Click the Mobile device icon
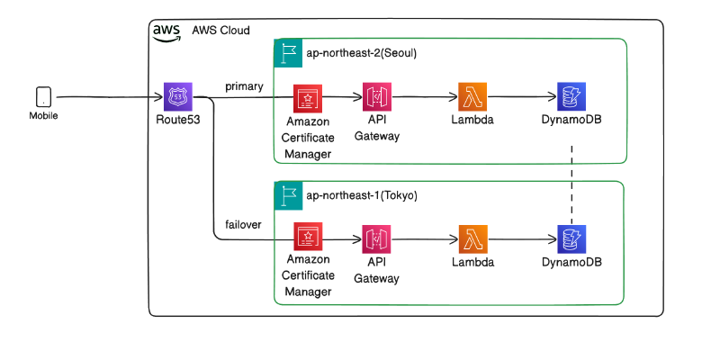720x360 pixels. click(43, 96)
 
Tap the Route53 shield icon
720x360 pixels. click(176, 96)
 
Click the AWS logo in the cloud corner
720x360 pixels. click(166, 31)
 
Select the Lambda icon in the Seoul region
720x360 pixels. click(472, 96)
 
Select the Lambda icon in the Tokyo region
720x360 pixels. click(472, 239)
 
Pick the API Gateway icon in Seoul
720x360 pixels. click(376, 96)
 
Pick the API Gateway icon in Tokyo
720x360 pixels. click(376, 239)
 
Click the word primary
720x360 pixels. click(244, 86)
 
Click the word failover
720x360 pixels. click(244, 224)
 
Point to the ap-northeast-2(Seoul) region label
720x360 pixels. click(361, 52)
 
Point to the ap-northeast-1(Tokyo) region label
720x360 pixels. click(361, 194)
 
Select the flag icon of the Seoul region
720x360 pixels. click(287, 52)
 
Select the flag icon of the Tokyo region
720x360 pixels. click(287, 195)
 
